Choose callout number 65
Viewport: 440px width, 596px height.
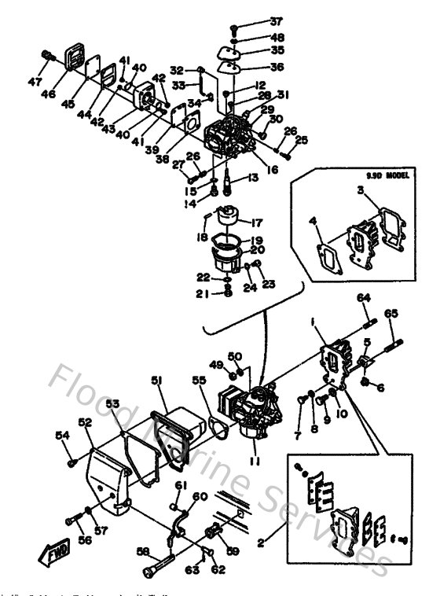point(390,312)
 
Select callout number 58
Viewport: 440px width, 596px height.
point(143,550)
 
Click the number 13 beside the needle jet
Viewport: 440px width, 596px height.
point(253,178)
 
